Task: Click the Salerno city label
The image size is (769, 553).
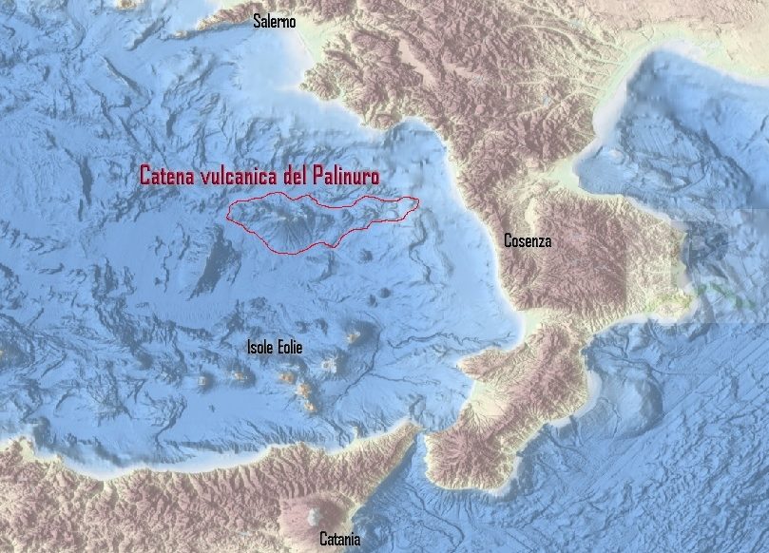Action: pyautogui.click(x=274, y=21)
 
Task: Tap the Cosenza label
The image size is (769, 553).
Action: pyautogui.click(x=527, y=241)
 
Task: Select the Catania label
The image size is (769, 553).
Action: pyautogui.click(x=339, y=540)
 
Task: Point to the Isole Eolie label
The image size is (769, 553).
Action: pyautogui.click(x=274, y=348)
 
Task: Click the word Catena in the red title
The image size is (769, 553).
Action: pyautogui.click(x=168, y=176)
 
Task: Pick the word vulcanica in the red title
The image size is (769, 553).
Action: pyautogui.click(x=246, y=176)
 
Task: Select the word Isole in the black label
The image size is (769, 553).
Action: pyautogui.click(x=260, y=348)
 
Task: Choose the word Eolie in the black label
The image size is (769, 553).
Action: pyautogui.click(x=289, y=348)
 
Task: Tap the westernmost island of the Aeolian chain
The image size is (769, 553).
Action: pyautogui.click(x=202, y=381)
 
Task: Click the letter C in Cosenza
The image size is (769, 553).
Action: pyautogui.click(x=508, y=241)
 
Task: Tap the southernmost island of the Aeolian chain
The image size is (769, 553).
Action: pyautogui.click(x=310, y=406)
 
